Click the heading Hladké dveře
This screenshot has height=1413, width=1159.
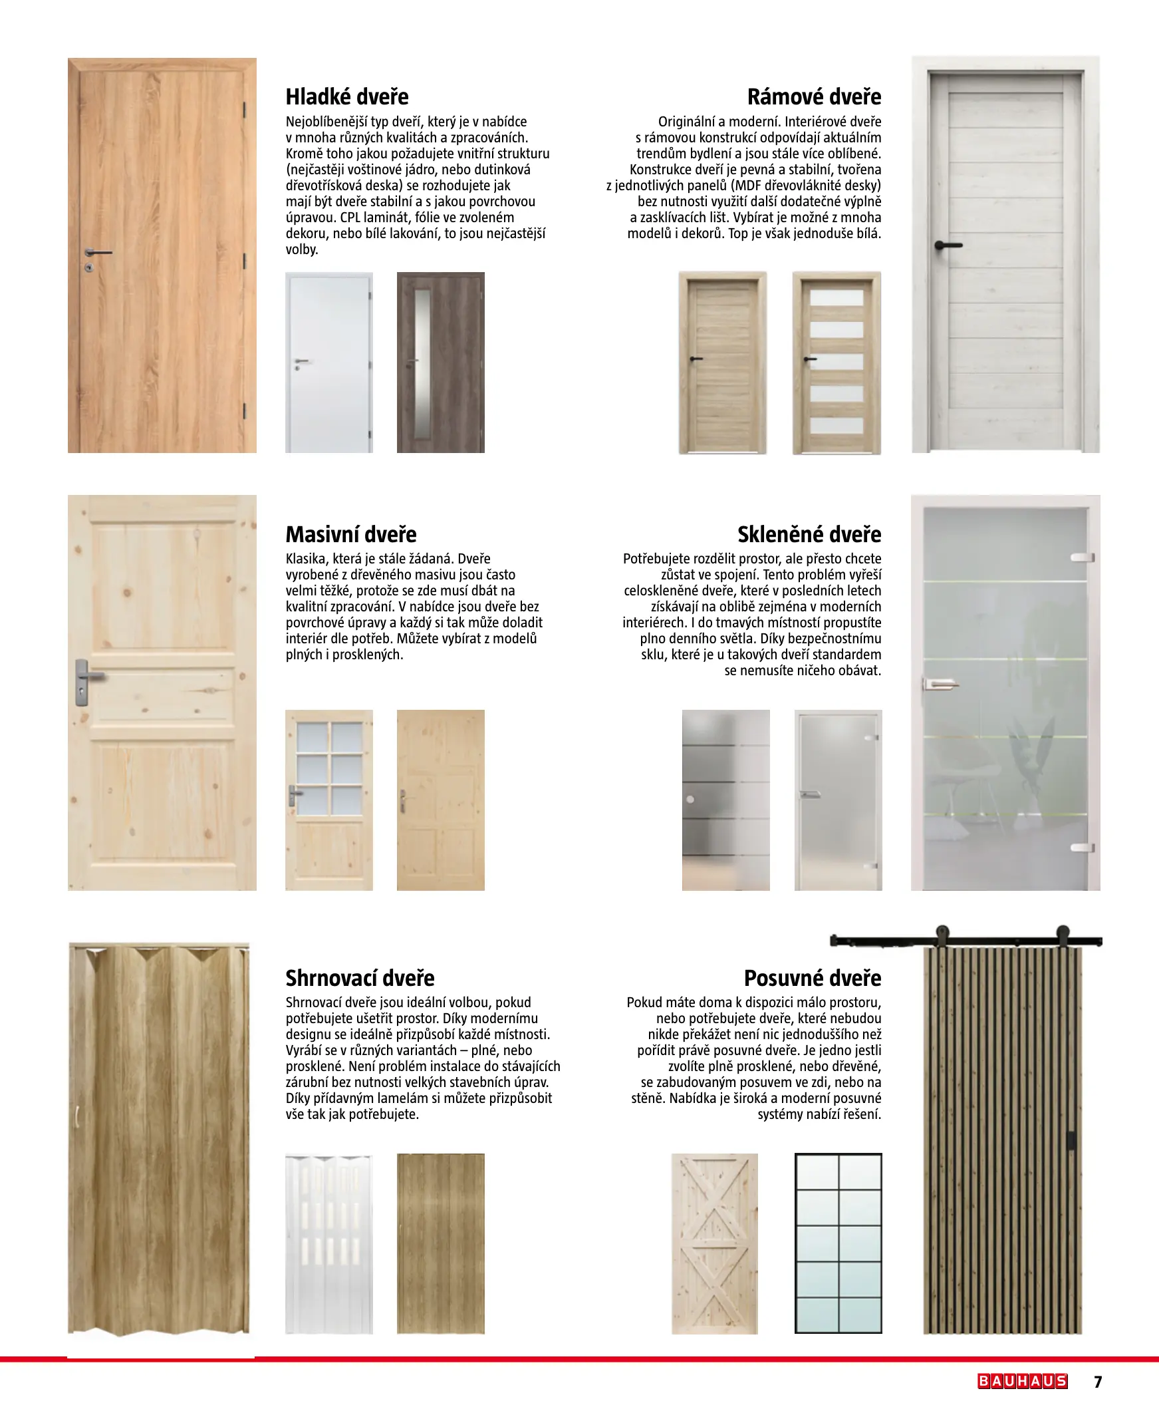tap(346, 97)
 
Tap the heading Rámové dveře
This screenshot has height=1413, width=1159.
tap(814, 97)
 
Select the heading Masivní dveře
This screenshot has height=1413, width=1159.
tap(350, 534)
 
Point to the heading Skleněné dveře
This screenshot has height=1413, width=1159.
tap(809, 534)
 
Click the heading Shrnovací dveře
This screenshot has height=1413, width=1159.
tap(360, 979)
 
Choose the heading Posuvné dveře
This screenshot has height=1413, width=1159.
tap(813, 979)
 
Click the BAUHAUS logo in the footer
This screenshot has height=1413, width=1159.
tap(1022, 1381)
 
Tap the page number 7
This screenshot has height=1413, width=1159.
tap(1098, 1382)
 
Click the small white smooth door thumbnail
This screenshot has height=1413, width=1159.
tap(329, 363)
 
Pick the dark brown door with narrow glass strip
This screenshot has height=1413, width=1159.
tap(441, 363)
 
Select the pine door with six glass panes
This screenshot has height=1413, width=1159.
tap(329, 800)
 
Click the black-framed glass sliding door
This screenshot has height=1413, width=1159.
tap(838, 1243)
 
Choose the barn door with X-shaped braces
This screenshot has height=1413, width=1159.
tap(714, 1243)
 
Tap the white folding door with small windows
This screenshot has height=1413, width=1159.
tap(329, 1243)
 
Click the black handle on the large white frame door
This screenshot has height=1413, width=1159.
tap(948, 245)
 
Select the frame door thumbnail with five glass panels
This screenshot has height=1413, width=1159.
tap(837, 363)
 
